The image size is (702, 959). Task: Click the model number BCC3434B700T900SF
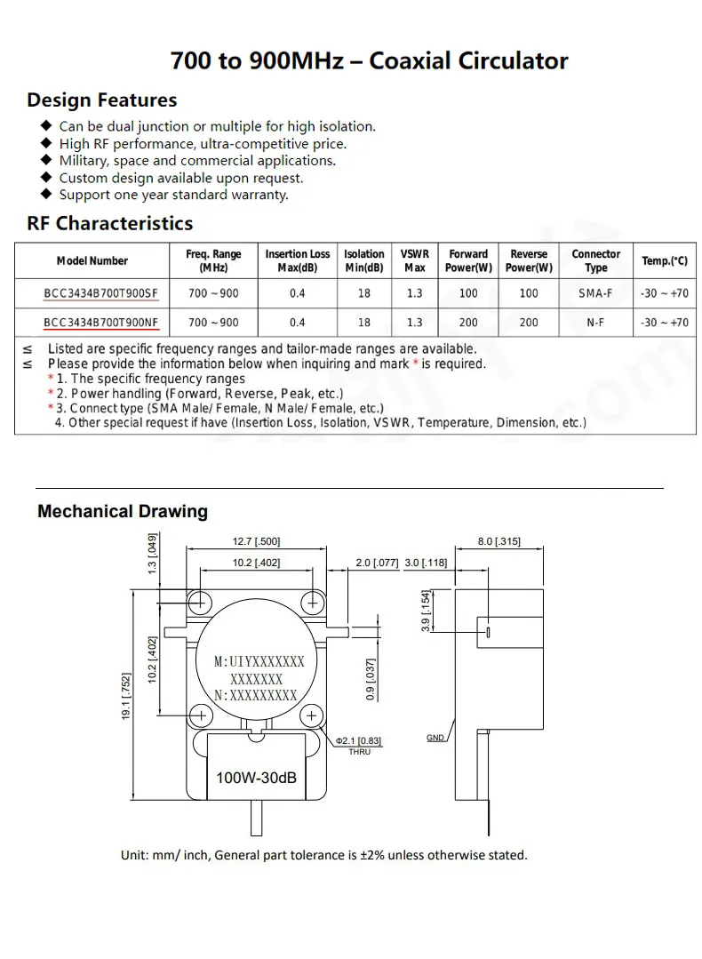pos(100,293)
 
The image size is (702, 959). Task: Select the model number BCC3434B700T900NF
pos(100,323)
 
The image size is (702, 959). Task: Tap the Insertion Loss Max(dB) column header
pos(298,261)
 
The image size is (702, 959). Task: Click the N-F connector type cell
pos(595,323)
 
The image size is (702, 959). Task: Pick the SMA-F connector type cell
pos(595,293)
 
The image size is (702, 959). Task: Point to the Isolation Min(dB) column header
pos(364,261)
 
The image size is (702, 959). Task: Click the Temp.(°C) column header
pos(665,261)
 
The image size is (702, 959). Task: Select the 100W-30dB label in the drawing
pos(256,779)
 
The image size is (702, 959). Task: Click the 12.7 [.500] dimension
pos(256,541)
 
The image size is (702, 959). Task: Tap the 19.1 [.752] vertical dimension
pos(127,695)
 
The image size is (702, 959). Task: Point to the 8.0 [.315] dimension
pos(499,541)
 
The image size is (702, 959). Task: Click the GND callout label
pos(435,738)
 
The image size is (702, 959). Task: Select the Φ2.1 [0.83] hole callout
pos(359,741)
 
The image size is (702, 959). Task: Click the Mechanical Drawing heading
pos(123,512)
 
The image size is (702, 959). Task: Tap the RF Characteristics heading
pos(110,223)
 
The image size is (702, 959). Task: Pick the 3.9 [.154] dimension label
pos(427,611)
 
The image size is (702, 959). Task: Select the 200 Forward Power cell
pos(468,323)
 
